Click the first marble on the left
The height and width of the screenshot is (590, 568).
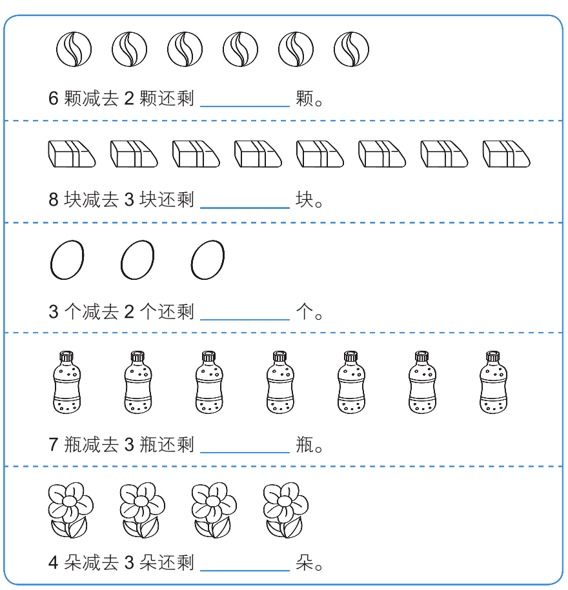pyautogui.click(x=74, y=49)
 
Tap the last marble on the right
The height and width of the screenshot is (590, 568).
pyautogui.click(x=351, y=49)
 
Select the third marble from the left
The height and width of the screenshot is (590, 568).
pyautogui.click(x=185, y=49)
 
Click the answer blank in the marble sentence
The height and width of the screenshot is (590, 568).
pyautogui.click(x=245, y=106)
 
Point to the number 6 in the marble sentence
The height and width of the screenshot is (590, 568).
pyautogui.click(x=54, y=99)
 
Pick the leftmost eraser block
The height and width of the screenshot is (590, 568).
pyautogui.click(x=72, y=154)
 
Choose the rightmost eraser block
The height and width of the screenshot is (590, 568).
pyautogui.click(x=506, y=154)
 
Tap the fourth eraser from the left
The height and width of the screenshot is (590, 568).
pyautogui.click(x=258, y=154)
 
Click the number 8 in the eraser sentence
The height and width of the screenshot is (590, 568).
pyautogui.click(x=54, y=199)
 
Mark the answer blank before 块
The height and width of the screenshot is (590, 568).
pyautogui.click(x=245, y=208)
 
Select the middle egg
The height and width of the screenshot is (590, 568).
pyautogui.click(x=137, y=260)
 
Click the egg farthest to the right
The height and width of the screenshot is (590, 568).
pyautogui.click(x=208, y=260)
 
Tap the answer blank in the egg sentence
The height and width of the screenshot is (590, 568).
pyautogui.click(x=245, y=319)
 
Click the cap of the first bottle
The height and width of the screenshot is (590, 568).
pyautogui.click(x=66, y=356)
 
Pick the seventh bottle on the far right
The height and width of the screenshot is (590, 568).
pyautogui.click(x=493, y=382)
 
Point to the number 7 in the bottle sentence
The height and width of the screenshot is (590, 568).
pyautogui.click(x=54, y=445)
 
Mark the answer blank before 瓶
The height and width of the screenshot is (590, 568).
pyautogui.click(x=245, y=452)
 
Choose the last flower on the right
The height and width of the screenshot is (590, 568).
pyautogui.click(x=285, y=510)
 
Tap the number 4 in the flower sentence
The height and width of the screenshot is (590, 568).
pyautogui.click(x=54, y=563)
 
